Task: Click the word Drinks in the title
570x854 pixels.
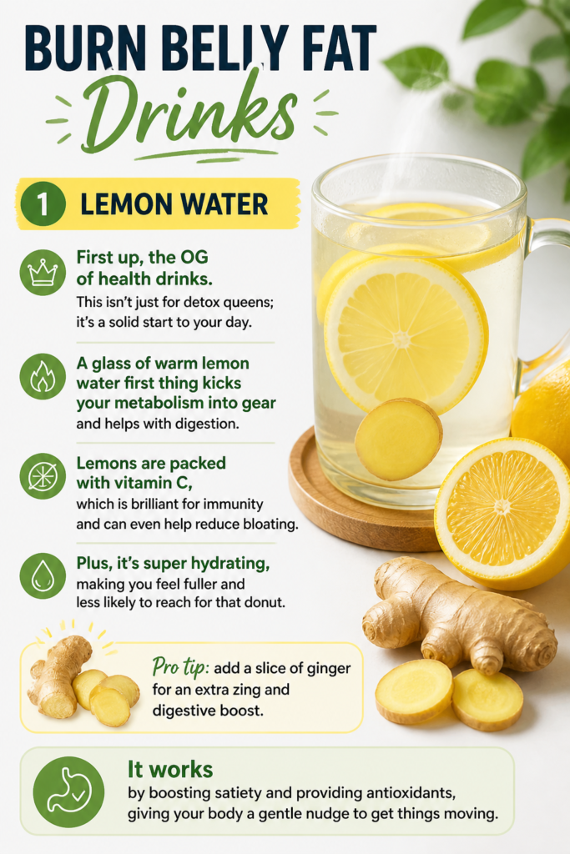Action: tap(188, 113)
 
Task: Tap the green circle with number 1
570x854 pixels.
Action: tap(43, 203)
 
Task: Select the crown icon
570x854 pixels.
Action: tap(43, 273)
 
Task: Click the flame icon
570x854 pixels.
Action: tap(43, 376)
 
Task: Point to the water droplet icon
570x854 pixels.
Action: tap(43, 575)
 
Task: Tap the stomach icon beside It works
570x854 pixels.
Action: tap(68, 791)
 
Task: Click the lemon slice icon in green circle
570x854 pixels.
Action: tap(43, 476)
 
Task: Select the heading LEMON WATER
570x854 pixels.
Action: tap(174, 204)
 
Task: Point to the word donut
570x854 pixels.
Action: tap(266, 603)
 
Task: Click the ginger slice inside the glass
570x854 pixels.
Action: tap(398, 439)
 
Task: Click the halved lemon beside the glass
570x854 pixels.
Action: tap(502, 513)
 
